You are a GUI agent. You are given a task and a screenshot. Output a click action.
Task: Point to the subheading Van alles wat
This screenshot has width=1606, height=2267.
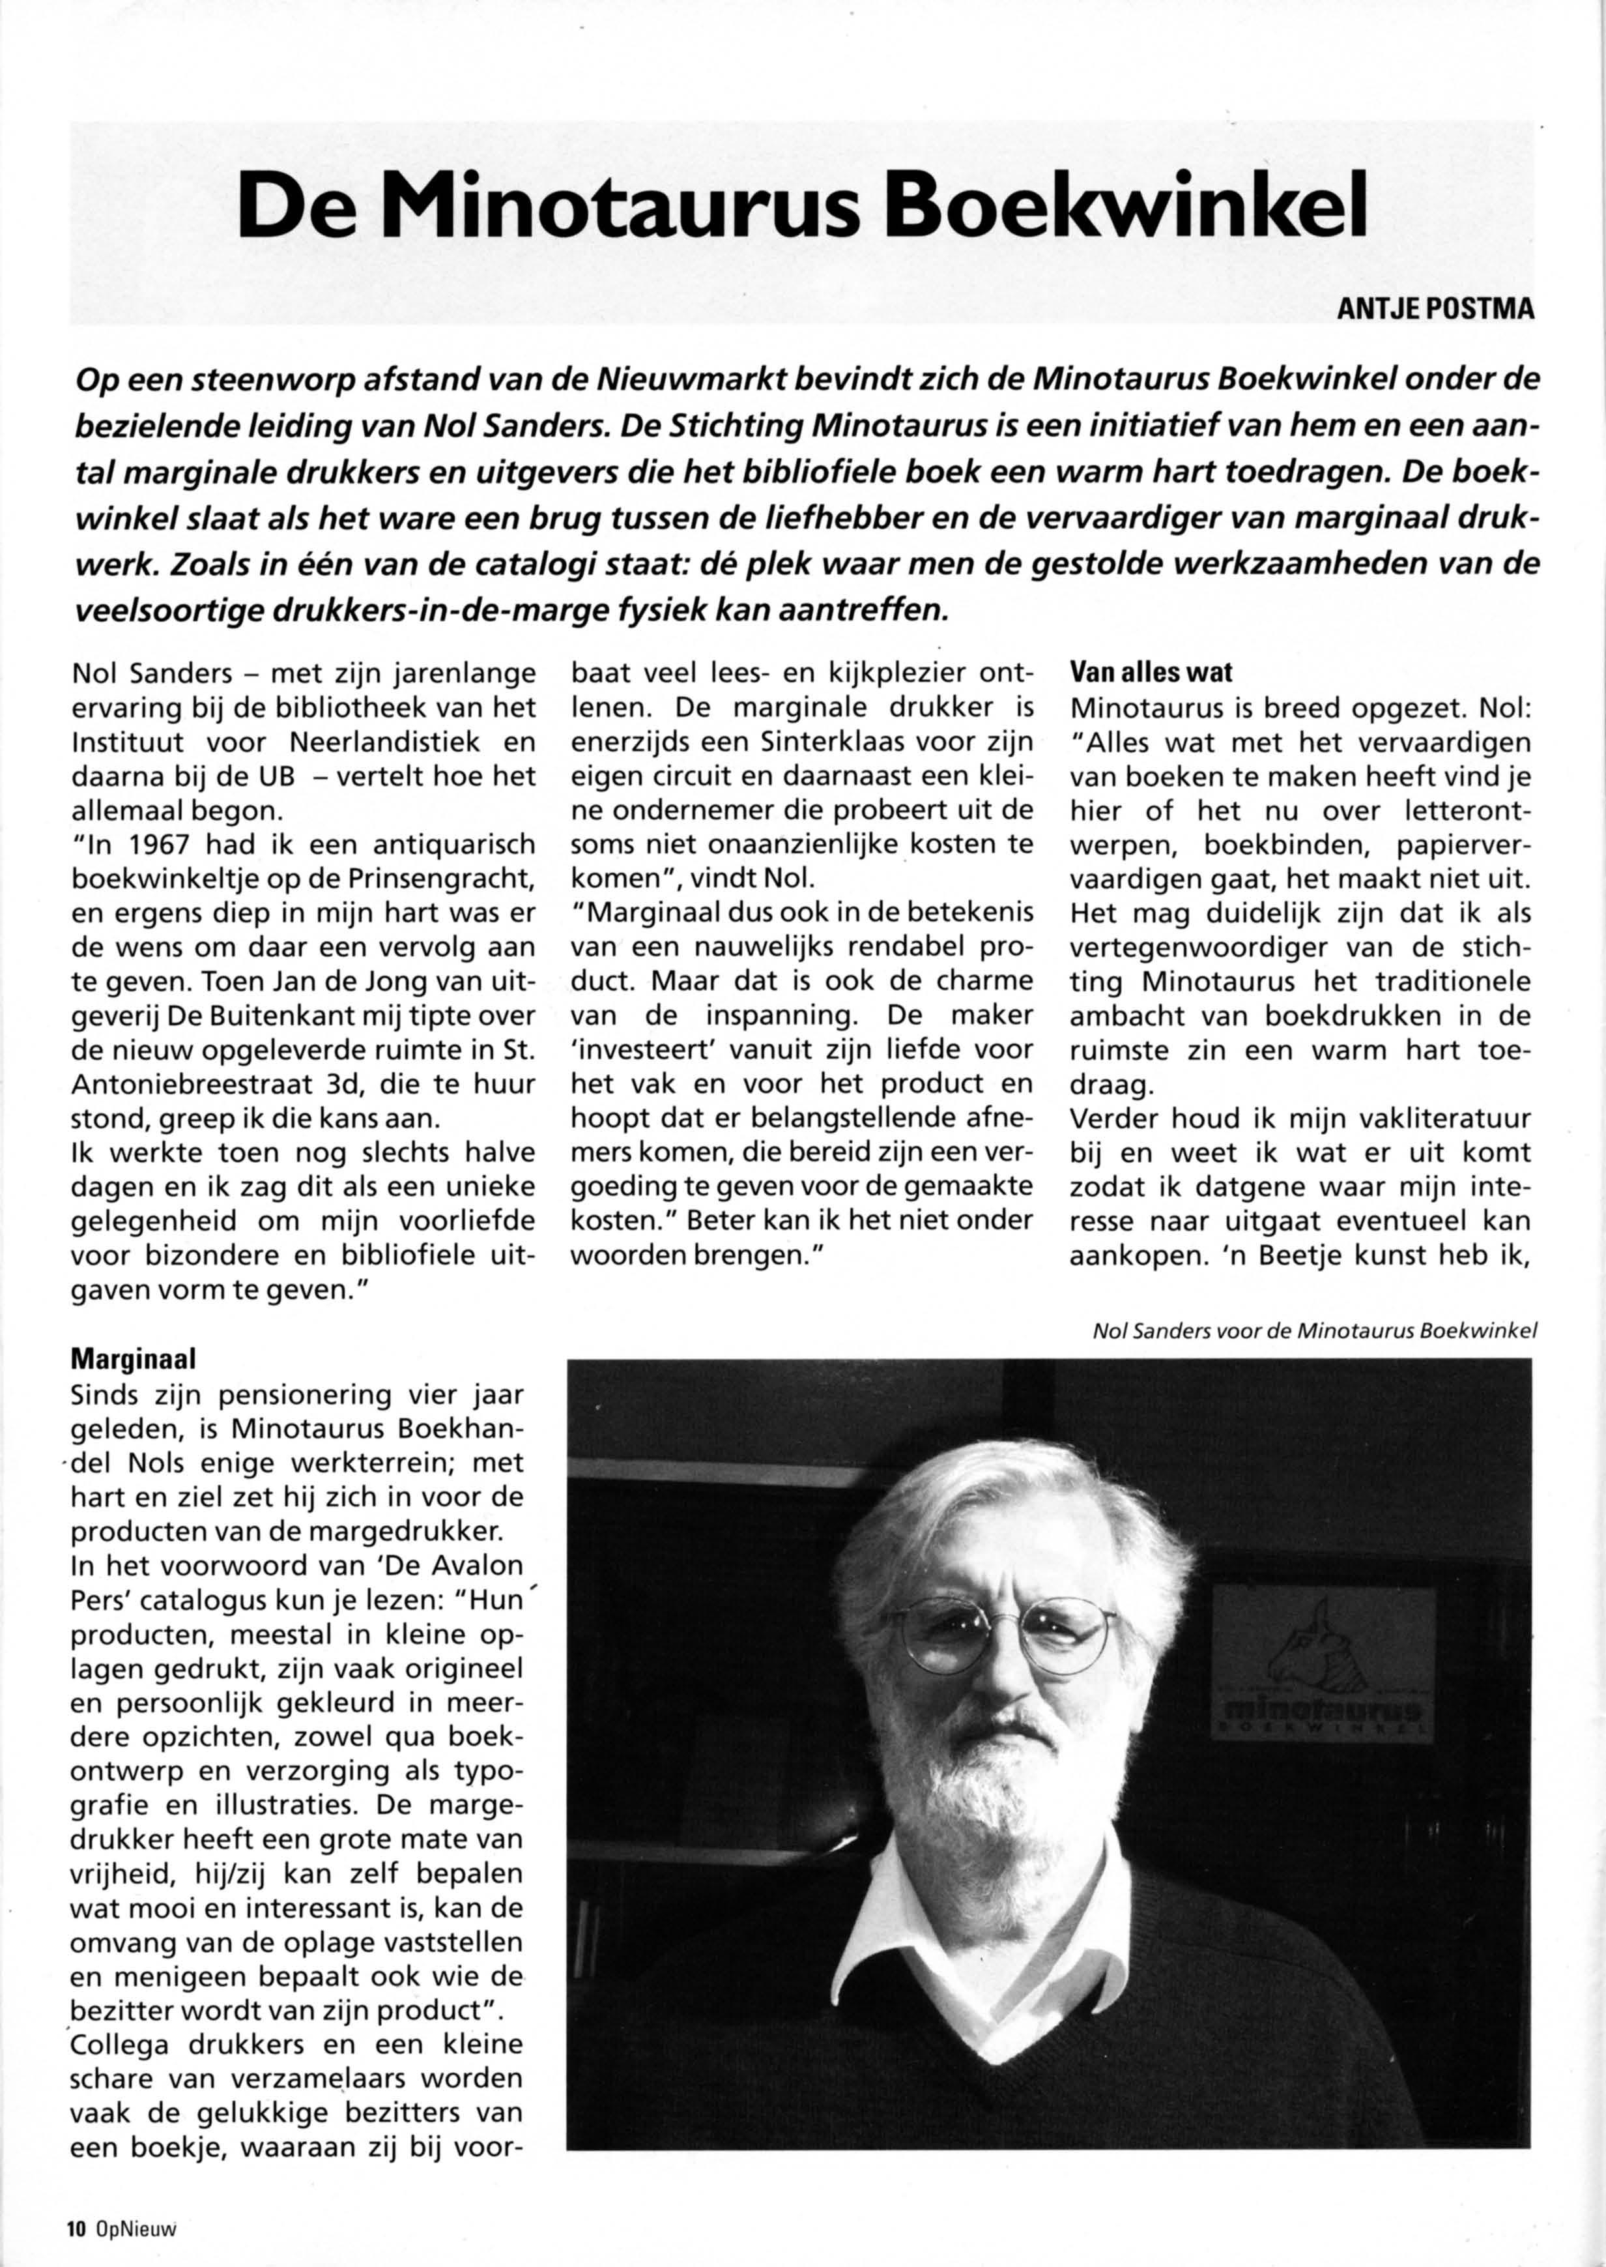pyautogui.click(x=1152, y=673)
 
